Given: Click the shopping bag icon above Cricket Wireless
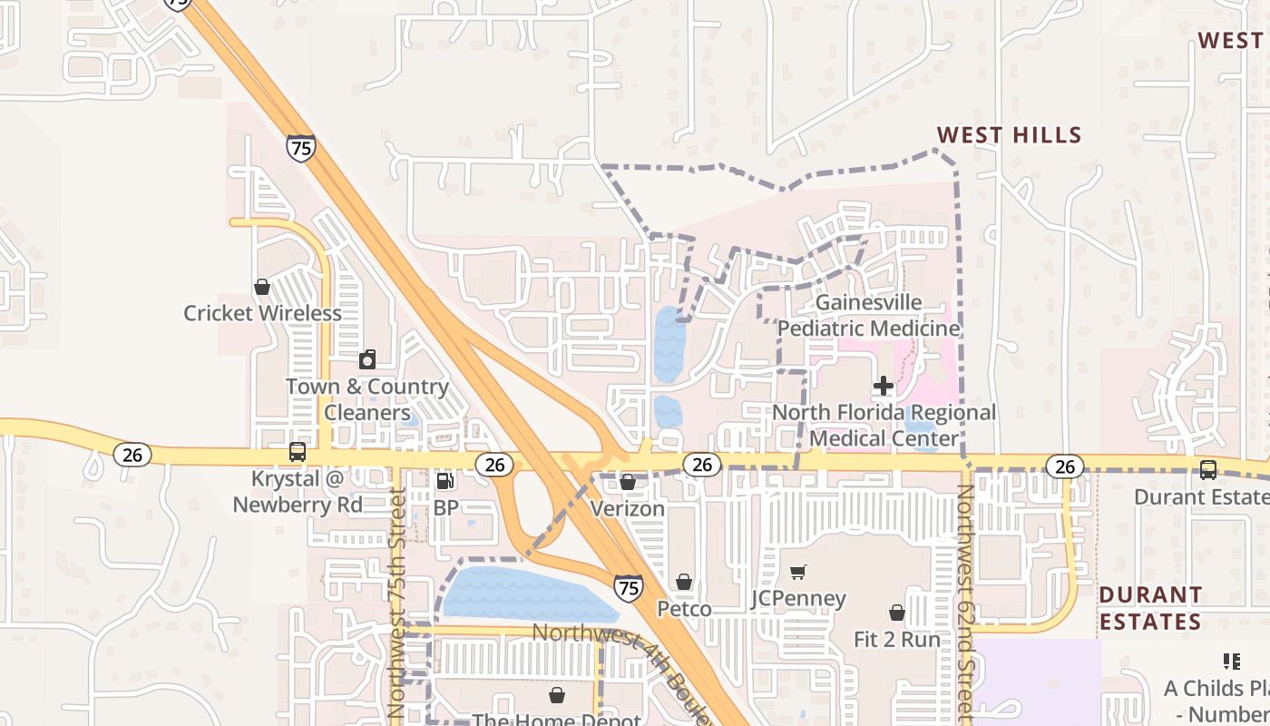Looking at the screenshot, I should (262, 288).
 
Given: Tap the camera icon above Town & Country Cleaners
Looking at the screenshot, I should (367, 360).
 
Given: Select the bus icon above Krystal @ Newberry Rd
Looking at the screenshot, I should (297, 452).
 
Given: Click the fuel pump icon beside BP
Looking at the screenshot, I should (444, 481).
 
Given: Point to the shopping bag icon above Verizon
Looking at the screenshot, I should (628, 482).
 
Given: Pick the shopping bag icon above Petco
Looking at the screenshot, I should (684, 582).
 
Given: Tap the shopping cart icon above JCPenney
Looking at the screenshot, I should (798, 573).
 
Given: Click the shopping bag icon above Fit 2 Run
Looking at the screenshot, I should (897, 613).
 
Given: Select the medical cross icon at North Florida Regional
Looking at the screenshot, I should (884, 387).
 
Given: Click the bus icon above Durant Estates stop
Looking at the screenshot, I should (1208, 470).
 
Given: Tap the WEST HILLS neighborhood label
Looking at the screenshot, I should (1009, 136).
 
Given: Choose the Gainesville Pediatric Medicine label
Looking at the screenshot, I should (868, 315).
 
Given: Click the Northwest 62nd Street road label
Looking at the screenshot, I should (965, 599).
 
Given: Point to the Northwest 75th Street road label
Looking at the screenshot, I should (396, 603).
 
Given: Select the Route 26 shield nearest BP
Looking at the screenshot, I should (494, 465).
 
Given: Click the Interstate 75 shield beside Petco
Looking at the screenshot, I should (628, 587).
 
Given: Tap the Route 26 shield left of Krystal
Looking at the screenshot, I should (132, 454).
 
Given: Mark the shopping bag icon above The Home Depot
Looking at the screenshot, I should (557, 695).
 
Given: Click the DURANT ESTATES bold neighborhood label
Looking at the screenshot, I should (1150, 608).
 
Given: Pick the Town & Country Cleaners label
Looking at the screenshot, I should (367, 399).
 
